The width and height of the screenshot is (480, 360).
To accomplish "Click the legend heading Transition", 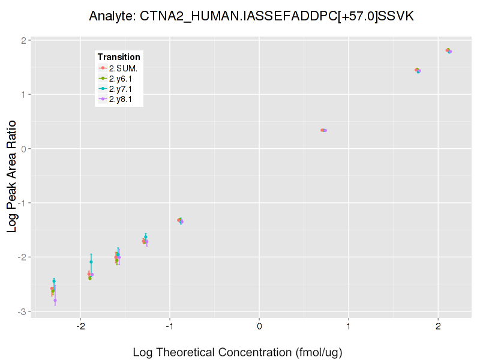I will click(119, 56).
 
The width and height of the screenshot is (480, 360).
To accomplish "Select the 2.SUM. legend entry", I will click(123, 68).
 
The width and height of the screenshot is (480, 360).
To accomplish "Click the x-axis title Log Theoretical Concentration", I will click(237, 352).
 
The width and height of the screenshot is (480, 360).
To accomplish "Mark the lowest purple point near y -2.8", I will click(55, 300).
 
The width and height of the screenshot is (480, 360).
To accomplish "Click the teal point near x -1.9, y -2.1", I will click(91, 262).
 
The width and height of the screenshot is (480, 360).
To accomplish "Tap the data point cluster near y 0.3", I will click(323, 130).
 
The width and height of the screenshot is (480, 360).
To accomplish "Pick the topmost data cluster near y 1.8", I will click(448, 50).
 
